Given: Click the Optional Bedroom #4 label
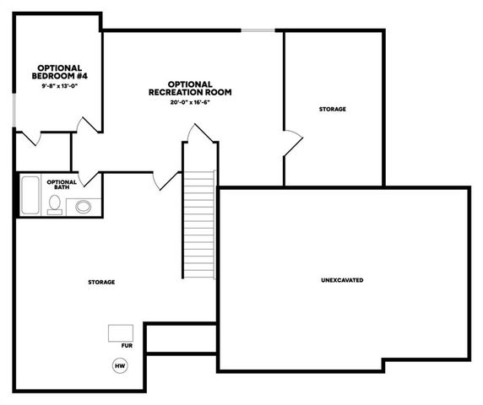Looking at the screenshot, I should [59, 72].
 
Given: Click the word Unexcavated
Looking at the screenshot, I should [342, 279].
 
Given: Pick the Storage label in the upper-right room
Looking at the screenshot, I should [332, 110].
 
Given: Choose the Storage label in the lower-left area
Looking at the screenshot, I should [101, 281].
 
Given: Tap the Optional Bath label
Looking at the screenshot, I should [62, 184].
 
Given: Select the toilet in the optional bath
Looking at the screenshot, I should [55, 204].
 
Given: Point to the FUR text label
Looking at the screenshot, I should [127, 346].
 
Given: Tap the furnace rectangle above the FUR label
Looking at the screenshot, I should [120, 332].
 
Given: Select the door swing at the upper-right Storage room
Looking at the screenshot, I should [291, 143].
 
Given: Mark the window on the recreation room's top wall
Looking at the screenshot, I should [258, 31].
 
